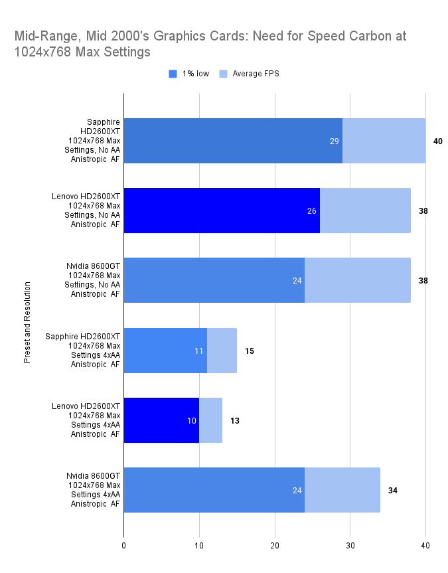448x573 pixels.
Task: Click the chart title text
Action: click(x=210, y=43)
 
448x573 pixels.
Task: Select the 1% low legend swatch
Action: click(x=173, y=74)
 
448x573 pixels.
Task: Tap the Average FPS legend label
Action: click(x=256, y=74)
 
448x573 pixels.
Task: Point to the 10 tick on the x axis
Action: click(x=199, y=545)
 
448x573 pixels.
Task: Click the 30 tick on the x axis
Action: click(x=350, y=545)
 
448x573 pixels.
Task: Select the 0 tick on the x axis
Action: click(x=123, y=545)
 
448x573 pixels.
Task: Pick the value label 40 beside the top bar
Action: click(x=437, y=141)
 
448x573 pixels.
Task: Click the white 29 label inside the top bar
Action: click(x=335, y=141)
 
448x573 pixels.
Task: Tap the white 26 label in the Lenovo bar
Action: click(x=312, y=211)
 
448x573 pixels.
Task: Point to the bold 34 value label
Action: click(x=392, y=491)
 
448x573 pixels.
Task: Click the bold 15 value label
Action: click(x=250, y=351)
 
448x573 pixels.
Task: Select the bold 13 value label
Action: click(x=235, y=421)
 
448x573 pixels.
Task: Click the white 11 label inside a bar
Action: click(x=199, y=351)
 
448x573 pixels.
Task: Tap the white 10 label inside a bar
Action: click(x=191, y=421)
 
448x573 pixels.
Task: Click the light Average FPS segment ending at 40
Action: click(x=384, y=141)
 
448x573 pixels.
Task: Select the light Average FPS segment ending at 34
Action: click(x=342, y=490)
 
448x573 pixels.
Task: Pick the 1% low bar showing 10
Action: click(x=161, y=420)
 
